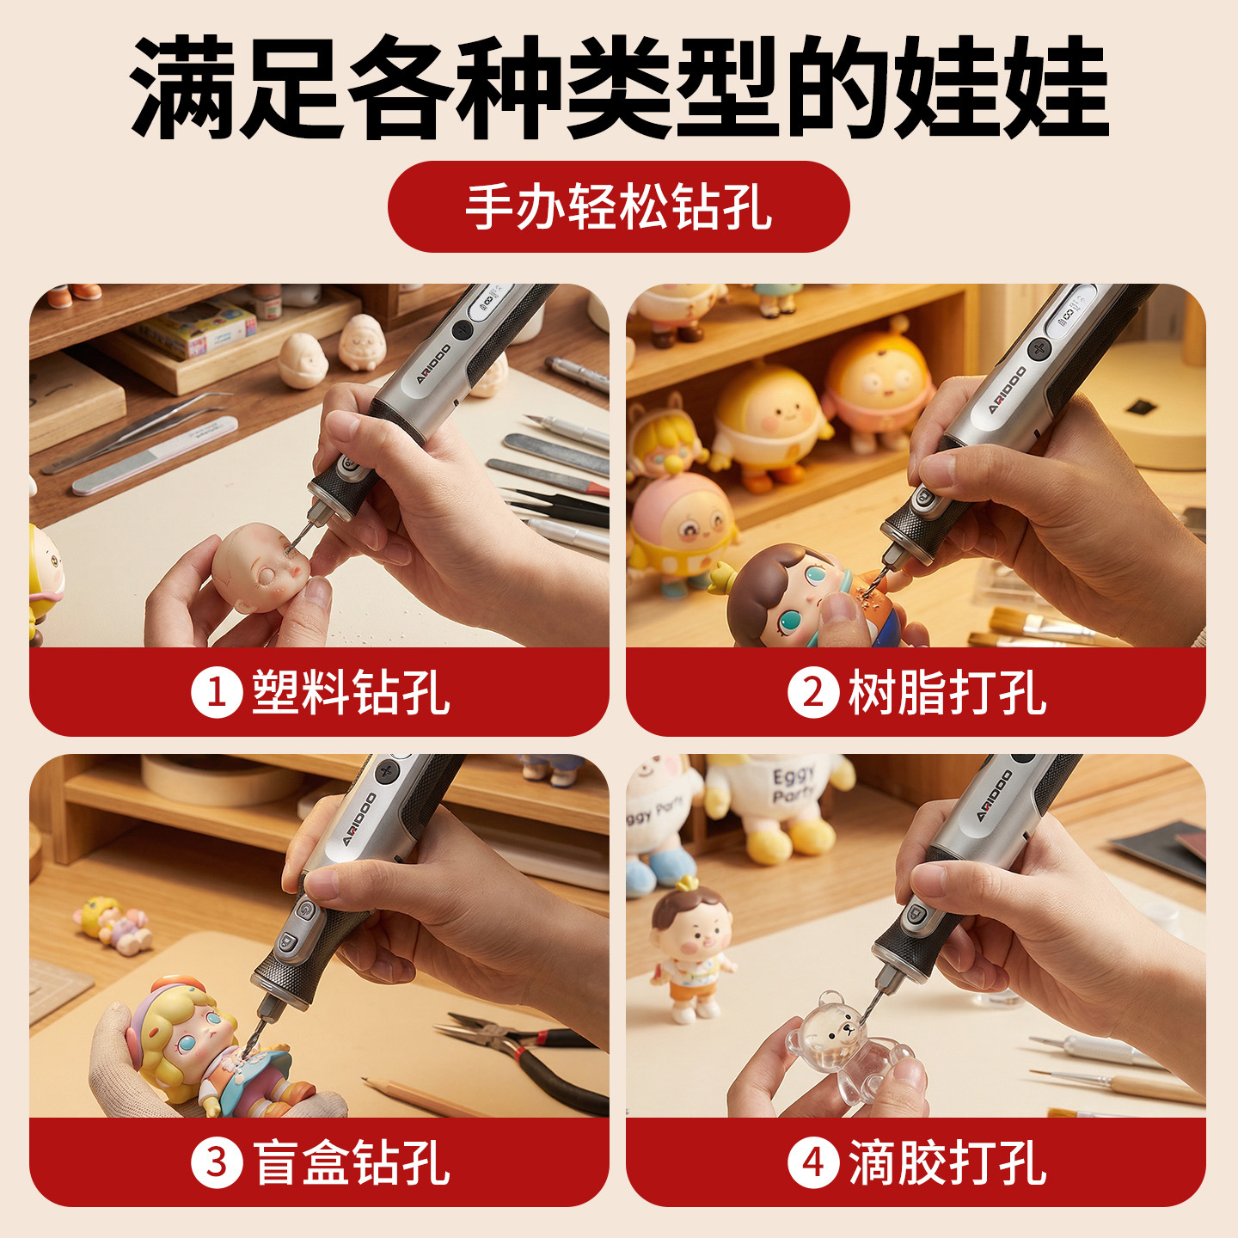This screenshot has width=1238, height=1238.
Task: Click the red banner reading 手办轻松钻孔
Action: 618,207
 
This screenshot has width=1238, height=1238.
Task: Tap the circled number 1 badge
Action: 217,693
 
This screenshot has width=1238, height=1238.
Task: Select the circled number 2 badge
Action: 813,693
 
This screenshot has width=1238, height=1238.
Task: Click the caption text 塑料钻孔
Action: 351,693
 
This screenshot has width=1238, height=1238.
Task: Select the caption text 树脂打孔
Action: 947,693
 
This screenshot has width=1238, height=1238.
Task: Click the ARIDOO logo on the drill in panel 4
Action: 994,795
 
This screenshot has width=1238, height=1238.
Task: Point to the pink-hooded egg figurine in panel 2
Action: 681,530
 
